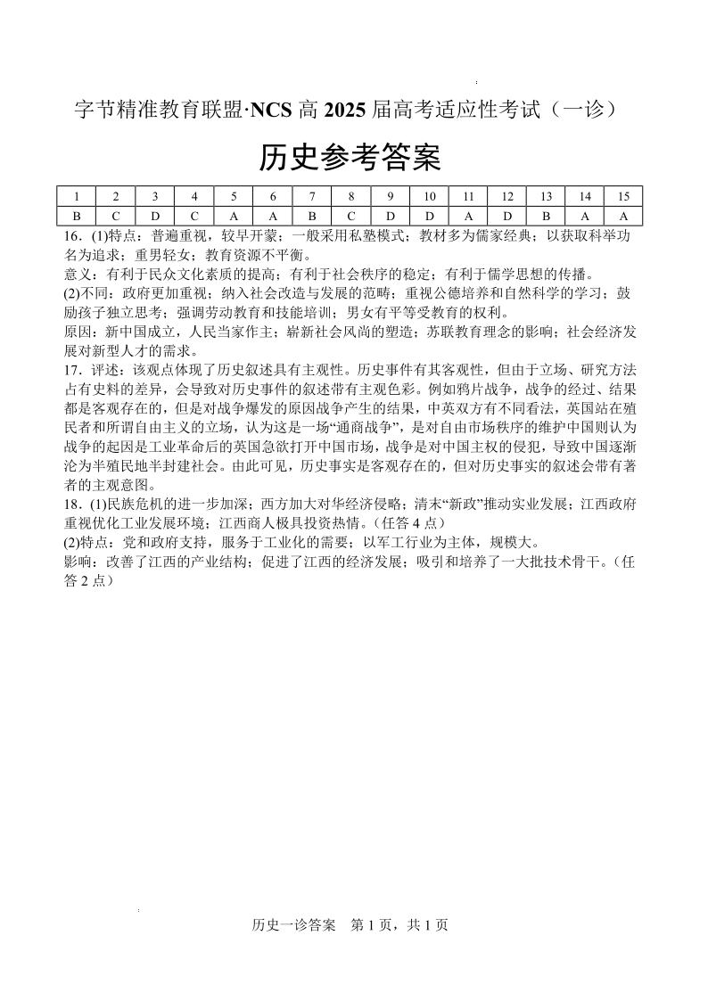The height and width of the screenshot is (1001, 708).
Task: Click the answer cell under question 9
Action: click(389, 216)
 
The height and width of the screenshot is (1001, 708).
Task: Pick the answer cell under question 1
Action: click(77, 216)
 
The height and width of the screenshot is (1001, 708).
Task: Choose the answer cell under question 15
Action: click(623, 216)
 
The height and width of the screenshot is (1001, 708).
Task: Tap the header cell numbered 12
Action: click(506, 196)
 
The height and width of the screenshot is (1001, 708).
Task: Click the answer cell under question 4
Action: click(193, 216)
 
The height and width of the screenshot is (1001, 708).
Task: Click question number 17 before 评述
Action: click(73, 368)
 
